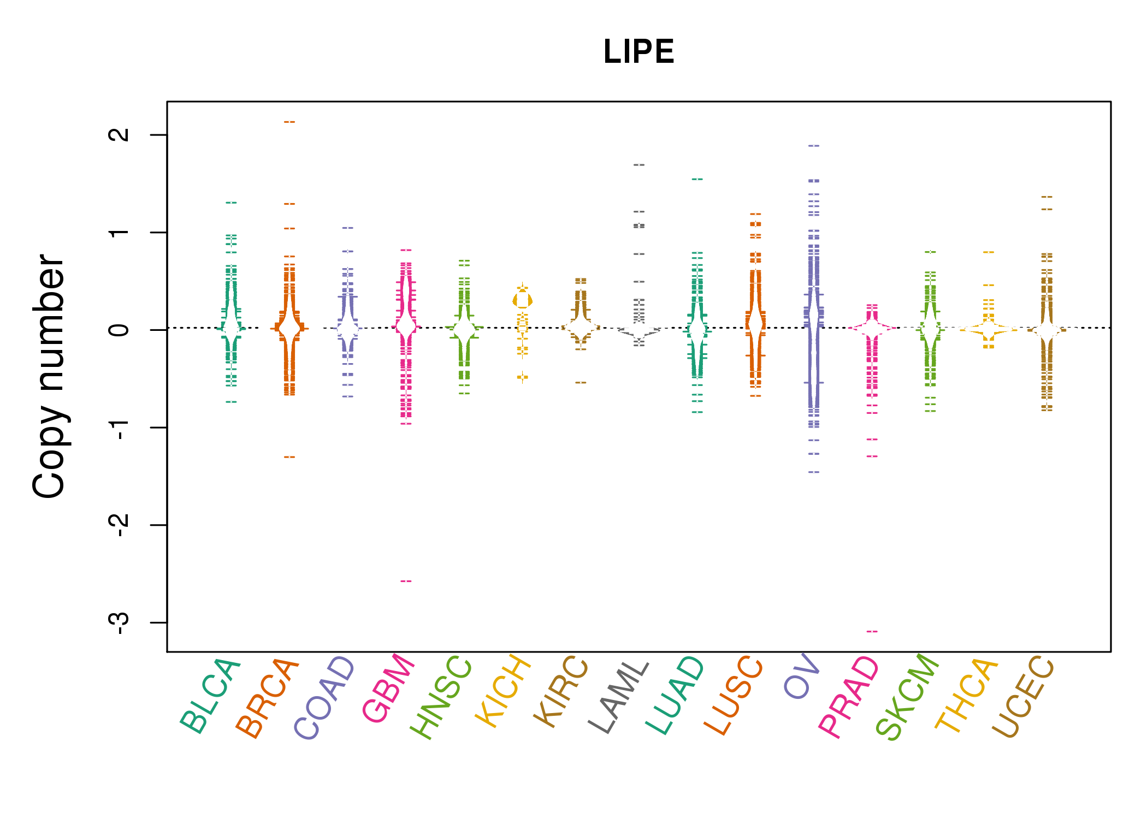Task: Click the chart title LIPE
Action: click(638, 52)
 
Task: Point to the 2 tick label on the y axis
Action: click(119, 134)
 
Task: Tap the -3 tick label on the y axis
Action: click(119, 622)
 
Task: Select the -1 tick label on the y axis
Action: click(119, 427)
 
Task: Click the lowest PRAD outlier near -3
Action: click(872, 631)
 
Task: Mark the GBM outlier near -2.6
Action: click(406, 581)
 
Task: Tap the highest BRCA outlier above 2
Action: click(289, 122)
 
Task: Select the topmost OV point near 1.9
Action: click(814, 146)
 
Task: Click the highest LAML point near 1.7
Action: click(639, 164)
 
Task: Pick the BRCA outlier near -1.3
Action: click(289, 457)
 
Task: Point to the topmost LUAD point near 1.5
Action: click(697, 179)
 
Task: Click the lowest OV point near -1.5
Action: click(814, 472)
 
